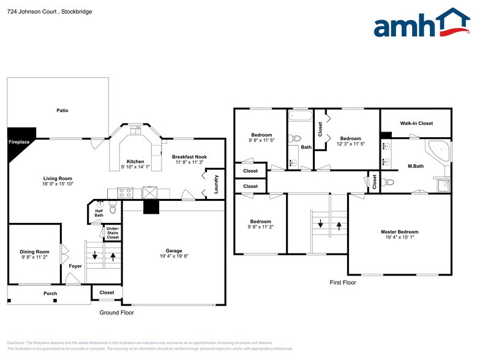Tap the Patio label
point(62,111)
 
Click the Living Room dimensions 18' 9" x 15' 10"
point(58,184)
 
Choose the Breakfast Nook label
point(189,157)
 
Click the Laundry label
point(216,185)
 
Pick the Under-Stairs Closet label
point(113,233)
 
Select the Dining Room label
point(34,252)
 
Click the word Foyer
point(75,266)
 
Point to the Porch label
point(50,293)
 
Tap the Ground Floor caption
point(116,312)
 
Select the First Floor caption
point(342,283)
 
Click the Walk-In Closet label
point(416,123)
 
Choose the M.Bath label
point(416,166)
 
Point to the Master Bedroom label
point(399,232)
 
